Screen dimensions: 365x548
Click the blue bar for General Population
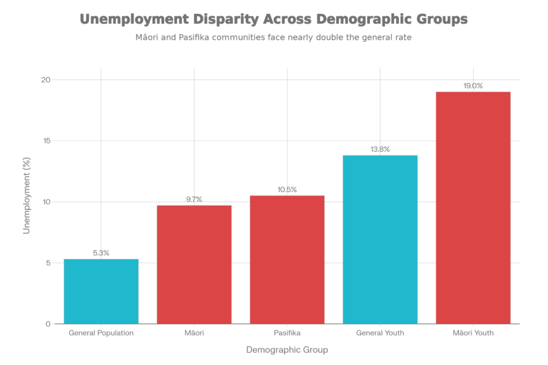point(101,291)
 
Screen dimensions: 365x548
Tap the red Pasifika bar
point(287,259)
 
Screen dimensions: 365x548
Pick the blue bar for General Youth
point(380,239)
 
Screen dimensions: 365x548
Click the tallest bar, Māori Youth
point(473,208)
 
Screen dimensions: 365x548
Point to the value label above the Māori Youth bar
point(473,86)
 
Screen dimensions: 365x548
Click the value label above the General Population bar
point(101,253)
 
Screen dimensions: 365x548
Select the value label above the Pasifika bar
point(287,190)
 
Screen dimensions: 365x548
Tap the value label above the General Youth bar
point(380,149)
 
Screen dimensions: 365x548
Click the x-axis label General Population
point(101,333)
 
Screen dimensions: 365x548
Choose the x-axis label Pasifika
point(287,333)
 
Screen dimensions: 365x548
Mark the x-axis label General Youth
point(380,333)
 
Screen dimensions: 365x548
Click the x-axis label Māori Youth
point(473,333)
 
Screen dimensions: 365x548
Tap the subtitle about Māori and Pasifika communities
point(274,37)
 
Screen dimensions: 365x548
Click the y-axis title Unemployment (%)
point(26,202)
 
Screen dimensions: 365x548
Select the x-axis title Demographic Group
point(287,349)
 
